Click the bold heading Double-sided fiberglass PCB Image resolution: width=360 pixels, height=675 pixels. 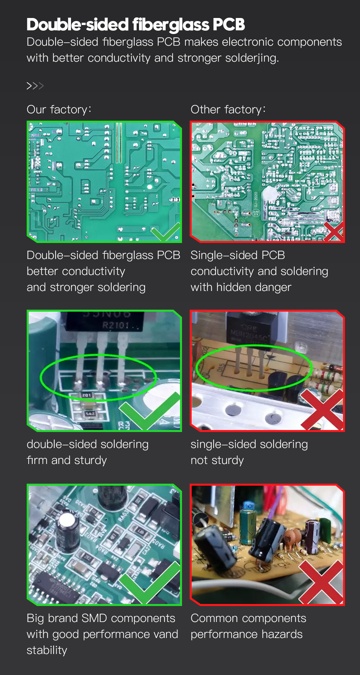(136, 24)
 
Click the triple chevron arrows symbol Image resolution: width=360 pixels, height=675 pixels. (35, 86)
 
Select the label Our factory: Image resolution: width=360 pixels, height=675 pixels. (59, 109)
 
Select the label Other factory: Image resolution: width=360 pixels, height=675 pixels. (228, 109)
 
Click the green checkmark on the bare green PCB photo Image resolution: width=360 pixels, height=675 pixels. (165, 231)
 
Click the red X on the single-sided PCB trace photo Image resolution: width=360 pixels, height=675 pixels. (334, 231)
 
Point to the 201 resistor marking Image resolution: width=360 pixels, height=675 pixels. (87, 395)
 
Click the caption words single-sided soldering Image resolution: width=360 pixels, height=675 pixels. (249, 444)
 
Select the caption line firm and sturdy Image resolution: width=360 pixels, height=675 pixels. (67, 460)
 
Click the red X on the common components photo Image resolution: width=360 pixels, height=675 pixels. (321, 582)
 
